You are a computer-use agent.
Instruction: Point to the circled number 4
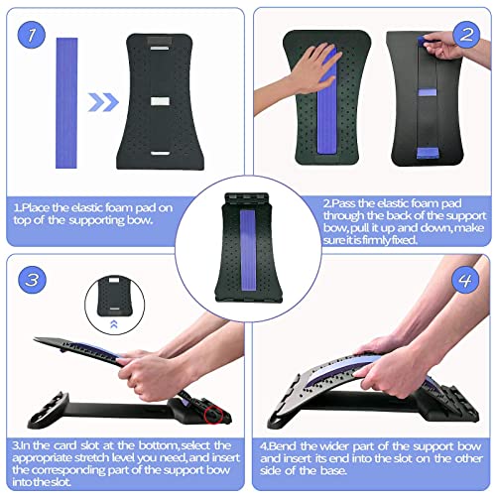click(x=464, y=282)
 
